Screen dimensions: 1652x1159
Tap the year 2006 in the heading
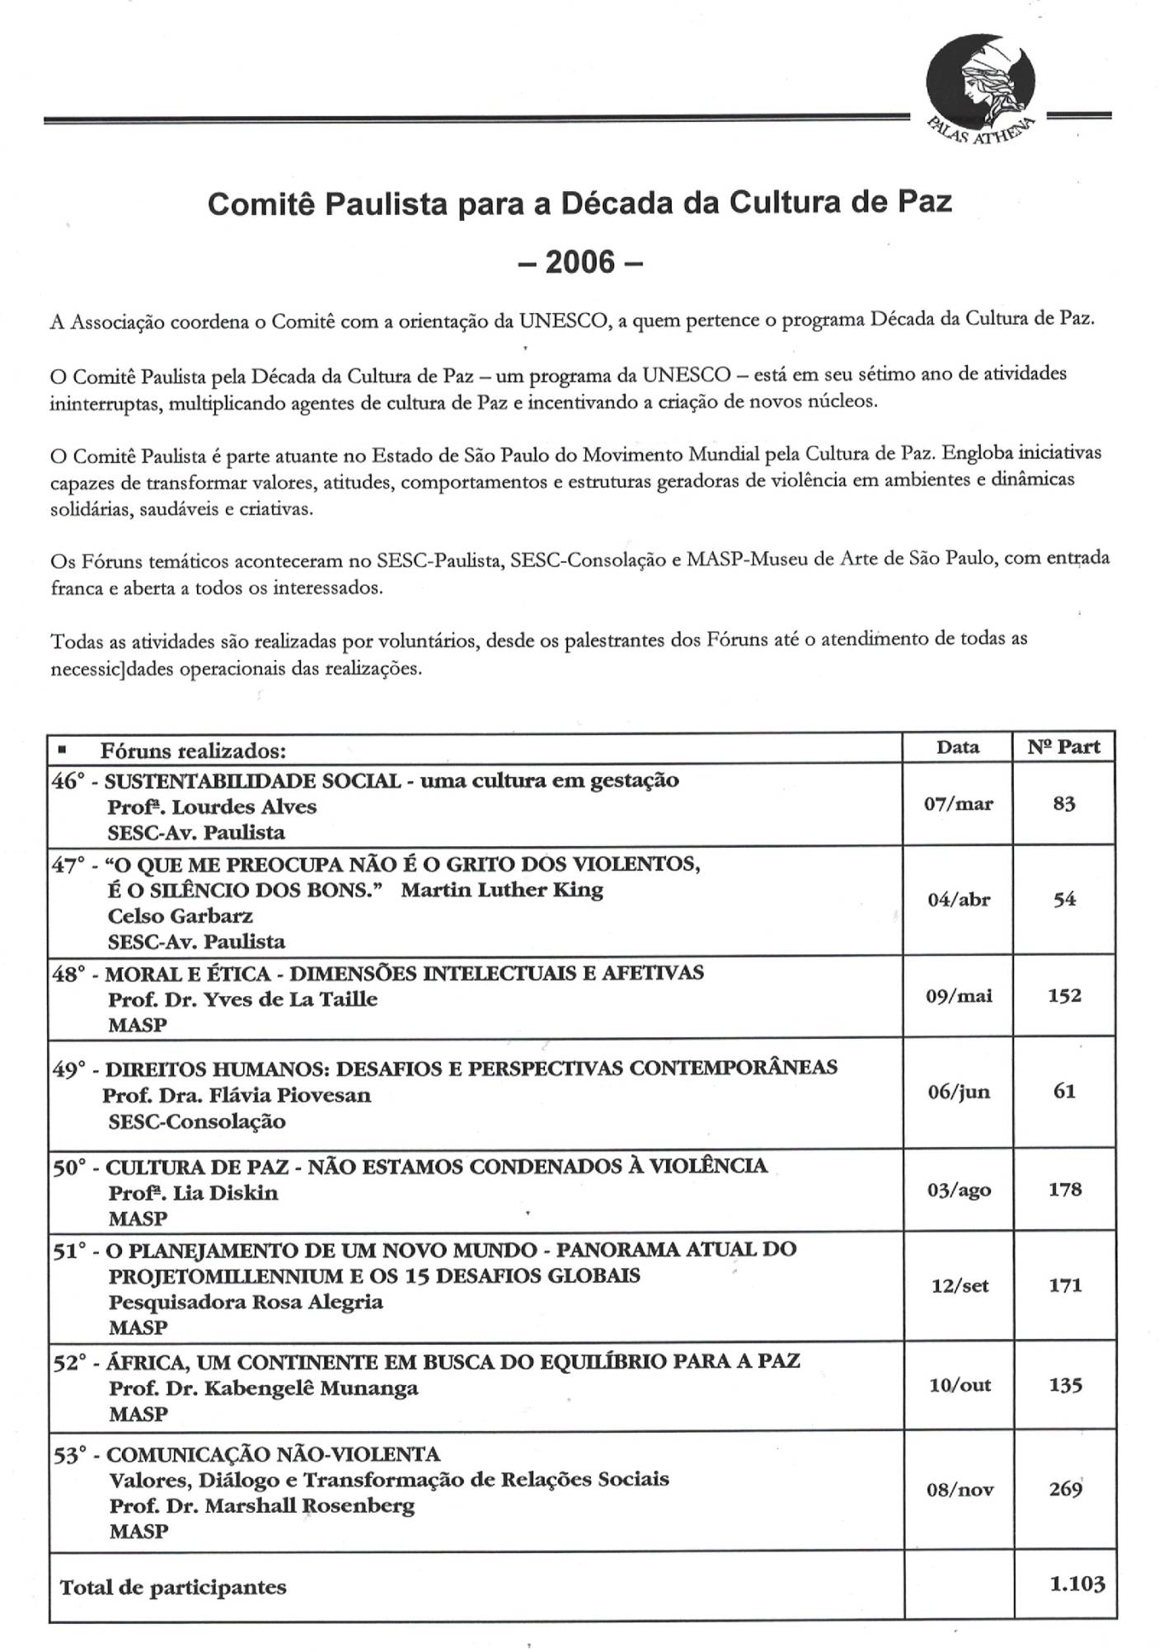point(579,262)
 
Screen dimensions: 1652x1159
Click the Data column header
point(958,747)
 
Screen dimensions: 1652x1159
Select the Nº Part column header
point(1063,747)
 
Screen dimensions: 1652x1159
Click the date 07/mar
point(958,804)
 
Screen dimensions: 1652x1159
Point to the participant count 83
point(1064,804)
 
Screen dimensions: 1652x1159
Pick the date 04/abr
point(958,900)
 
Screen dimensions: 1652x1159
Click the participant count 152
point(1064,995)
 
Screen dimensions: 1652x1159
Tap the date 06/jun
point(958,1092)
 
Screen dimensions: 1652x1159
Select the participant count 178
point(1064,1190)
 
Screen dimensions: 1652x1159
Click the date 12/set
point(960,1286)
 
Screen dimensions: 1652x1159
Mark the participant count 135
point(1064,1385)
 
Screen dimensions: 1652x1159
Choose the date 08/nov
point(960,1490)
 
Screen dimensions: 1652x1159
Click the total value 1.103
point(1077,1584)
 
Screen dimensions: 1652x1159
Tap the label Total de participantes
point(173,1587)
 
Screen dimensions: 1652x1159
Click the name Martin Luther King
point(502,890)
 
